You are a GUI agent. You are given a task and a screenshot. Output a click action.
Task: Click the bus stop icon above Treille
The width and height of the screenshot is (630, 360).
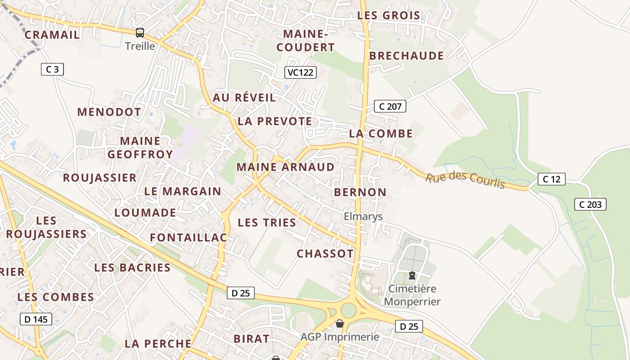coord(140,33)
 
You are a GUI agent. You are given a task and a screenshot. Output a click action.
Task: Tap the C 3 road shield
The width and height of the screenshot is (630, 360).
coord(52,69)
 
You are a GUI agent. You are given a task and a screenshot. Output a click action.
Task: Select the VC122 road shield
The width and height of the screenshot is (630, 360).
coord(301,72)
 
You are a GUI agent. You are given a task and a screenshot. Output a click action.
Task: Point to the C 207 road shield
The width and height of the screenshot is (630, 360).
coord(390,107)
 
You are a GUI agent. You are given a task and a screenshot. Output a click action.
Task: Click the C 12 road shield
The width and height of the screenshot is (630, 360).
coord(551,179)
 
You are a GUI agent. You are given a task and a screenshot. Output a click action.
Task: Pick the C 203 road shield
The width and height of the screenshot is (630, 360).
coord(590,204)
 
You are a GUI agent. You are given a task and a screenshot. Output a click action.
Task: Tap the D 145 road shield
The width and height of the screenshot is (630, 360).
coord(36,319)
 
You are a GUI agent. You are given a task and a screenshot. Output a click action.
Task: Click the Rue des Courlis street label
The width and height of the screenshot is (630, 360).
coord(465,180)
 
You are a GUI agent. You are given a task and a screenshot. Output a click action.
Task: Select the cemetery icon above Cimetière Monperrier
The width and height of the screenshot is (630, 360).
coord(412,275)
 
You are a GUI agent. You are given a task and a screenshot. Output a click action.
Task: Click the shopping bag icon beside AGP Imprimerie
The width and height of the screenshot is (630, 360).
coord(340,324)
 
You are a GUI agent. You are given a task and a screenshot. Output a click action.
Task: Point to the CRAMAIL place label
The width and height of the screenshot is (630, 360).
coord(52,35)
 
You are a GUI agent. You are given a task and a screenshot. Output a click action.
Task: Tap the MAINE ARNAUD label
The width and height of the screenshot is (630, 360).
coord(286,167)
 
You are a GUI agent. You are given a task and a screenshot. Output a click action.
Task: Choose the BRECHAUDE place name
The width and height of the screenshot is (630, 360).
coord(406,56)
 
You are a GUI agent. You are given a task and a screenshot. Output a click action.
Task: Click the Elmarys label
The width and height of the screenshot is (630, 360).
coord(363,216)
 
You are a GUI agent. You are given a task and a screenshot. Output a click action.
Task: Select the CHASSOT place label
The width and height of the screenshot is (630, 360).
coord(325,254)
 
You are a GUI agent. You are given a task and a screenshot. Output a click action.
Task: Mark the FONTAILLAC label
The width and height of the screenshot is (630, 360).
coord(188,238)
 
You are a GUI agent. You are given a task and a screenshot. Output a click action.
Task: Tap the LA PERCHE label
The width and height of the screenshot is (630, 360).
coord(158,344)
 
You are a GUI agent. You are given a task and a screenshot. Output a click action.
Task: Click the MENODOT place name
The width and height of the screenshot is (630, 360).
coord(109,112)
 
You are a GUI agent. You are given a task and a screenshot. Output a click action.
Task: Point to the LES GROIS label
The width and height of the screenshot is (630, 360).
coord(389,15)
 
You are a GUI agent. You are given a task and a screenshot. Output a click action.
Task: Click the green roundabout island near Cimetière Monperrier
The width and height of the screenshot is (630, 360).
coord(348,310)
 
